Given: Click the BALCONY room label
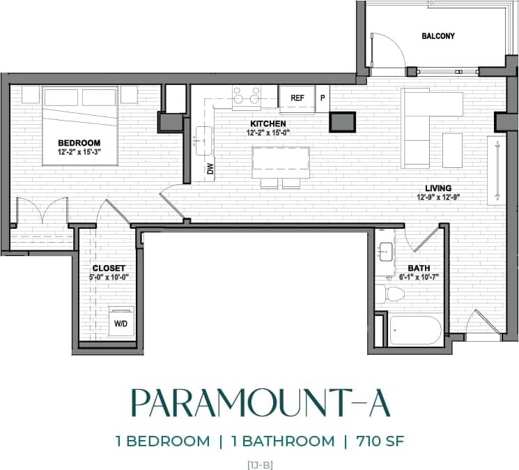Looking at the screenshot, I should tap(438, 36).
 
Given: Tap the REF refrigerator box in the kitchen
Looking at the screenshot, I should tap(297, 98).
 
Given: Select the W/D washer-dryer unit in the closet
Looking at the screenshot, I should tap(121, 323).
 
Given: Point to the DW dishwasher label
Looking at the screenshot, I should tap(209, 168).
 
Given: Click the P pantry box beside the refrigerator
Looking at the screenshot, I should tap(323, 98).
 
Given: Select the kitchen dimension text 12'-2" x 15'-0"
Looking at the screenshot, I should tap(269, 132).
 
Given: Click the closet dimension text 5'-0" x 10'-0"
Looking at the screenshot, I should tap(109, 277).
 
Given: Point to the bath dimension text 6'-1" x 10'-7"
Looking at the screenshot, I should tap(419, 277).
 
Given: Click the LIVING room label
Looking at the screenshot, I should tap(439, 188).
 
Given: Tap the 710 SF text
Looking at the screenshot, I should tap(379, 441).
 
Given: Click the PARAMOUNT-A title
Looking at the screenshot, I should tap(259, 404).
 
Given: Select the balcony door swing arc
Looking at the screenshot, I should tap(385, 50).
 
